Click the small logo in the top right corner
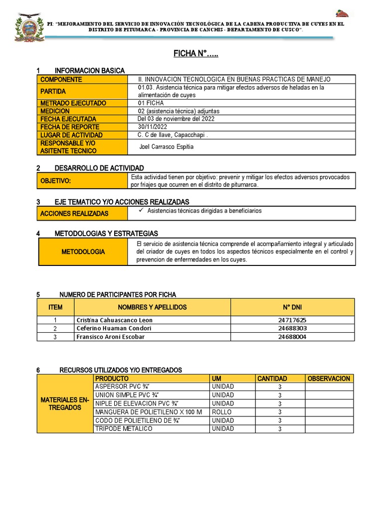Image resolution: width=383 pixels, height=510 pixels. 342,14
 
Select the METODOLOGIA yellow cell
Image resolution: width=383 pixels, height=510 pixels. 83,252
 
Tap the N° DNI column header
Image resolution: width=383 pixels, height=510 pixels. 292,307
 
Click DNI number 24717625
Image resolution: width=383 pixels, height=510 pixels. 292,320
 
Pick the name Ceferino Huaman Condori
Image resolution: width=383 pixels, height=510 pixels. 113,329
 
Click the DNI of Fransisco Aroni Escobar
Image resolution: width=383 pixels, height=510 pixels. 292,337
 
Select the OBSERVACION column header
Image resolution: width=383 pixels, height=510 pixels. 329,379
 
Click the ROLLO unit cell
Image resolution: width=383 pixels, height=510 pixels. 222,412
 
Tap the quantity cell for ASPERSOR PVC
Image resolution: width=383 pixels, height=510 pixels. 280,387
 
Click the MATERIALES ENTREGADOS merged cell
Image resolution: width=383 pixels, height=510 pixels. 65,403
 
